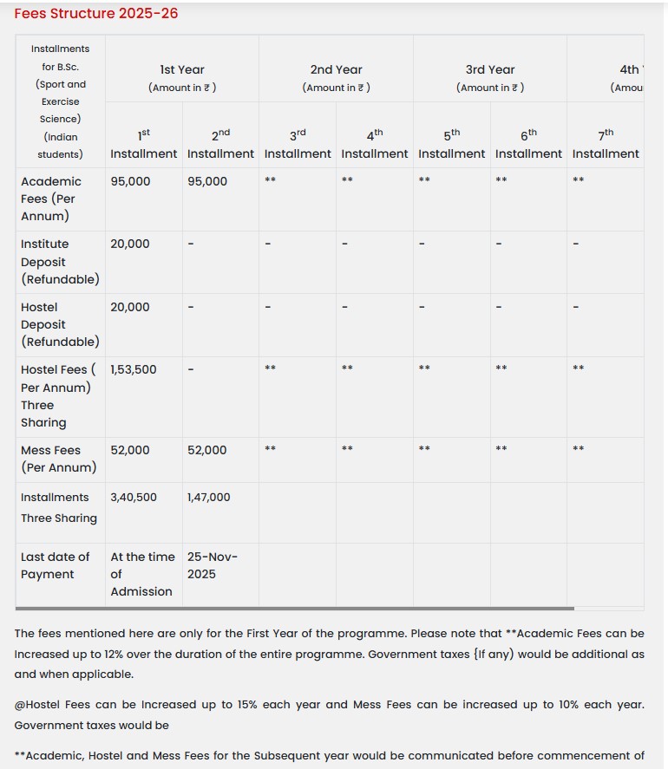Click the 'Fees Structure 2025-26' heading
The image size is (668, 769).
pos(96,14)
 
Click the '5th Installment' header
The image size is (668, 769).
pos(451,144)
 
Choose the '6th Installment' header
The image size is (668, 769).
pos(528,144)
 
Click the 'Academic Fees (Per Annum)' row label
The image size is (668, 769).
pos(51,199)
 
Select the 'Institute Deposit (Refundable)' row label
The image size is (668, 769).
pos(59,262)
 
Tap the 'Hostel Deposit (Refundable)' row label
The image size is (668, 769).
pos(59,324)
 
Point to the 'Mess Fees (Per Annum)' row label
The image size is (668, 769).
pos(57,459)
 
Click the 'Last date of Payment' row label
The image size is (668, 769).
pos(55,565)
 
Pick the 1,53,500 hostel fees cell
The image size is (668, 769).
pos(134,369)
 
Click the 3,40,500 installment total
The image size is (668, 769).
pos(134,498)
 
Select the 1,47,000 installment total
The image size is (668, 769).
pos(209,498)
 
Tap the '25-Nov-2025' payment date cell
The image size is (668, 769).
pos(212,565)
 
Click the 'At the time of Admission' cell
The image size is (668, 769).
pos(142,574)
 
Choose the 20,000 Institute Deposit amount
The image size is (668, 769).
pos(130,244)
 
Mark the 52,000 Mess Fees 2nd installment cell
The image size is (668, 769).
pos(207,450)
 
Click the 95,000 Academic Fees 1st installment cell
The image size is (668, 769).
pos(130,181)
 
